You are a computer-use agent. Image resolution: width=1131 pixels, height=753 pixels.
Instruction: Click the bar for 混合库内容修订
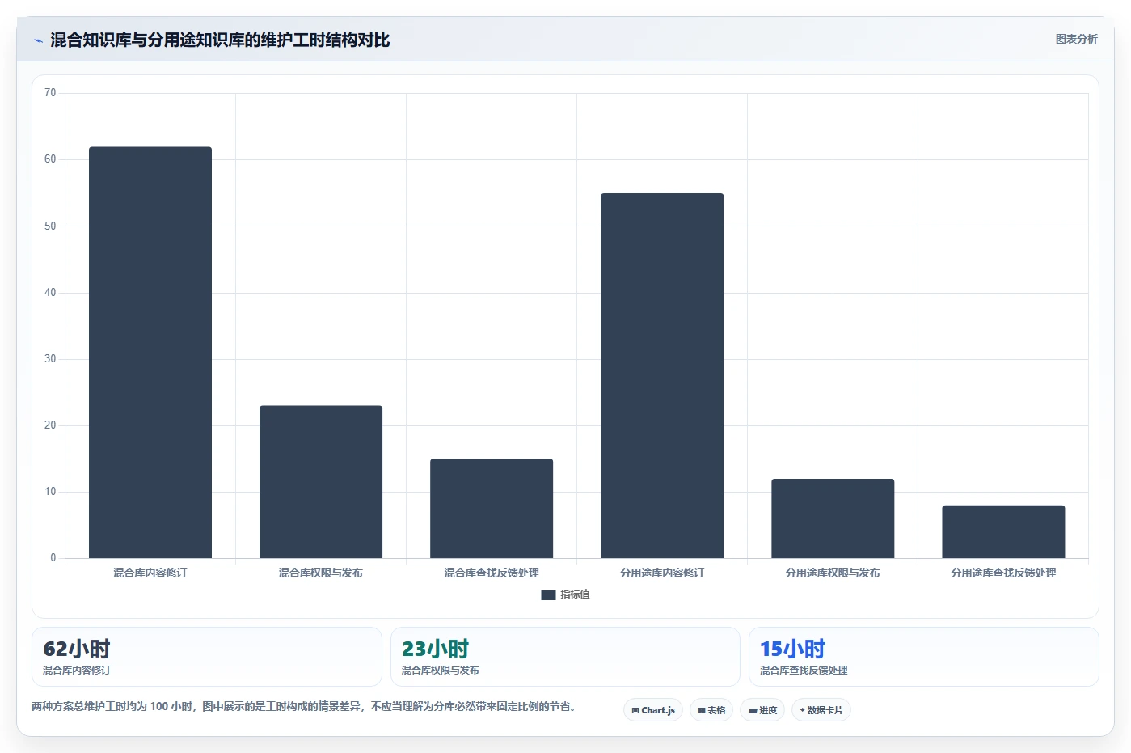[x=150, y=353]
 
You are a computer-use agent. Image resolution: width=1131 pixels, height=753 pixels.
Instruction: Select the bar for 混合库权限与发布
[x=321, y=482]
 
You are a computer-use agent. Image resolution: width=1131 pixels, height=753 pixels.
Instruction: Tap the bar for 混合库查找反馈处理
[x=492, y=509]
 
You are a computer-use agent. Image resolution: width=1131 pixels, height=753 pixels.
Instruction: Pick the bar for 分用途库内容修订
[x=662, y=376]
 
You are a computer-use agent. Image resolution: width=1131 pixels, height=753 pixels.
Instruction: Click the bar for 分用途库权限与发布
[x=833, y=518]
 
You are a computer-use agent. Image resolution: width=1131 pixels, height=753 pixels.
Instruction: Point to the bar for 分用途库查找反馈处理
[x=1003, y=532]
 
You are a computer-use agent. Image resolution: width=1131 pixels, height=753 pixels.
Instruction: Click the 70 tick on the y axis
[x=50, y=92]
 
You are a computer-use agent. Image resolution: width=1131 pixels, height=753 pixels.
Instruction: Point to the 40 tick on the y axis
[x=50, y=293]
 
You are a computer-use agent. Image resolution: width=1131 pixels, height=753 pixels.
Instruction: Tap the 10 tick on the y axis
[x=50, y=492]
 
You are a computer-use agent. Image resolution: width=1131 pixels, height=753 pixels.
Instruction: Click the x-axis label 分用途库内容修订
[x=662, y=573]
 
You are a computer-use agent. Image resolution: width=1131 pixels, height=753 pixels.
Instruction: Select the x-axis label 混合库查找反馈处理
[x=492, y=573]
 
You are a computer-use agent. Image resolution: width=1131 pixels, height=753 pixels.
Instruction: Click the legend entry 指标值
[x=566, y=594]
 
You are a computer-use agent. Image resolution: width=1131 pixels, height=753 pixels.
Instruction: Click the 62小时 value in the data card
[x=76, y=649]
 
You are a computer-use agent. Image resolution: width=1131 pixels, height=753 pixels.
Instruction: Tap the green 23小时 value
[x=435, y=649]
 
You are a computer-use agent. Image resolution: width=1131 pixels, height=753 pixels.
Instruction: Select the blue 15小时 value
[x=792, y=649]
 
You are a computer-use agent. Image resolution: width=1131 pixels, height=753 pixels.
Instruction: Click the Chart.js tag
[x=653, y=710]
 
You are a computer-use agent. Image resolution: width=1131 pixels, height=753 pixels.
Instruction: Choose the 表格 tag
[x=711, y=710]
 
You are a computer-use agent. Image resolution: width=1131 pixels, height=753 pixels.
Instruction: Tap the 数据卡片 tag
[x=821, y=710]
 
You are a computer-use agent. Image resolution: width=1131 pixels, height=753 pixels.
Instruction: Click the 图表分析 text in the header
[x=1077, y=40]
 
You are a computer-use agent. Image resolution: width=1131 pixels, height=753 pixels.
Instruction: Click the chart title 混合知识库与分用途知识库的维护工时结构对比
[x=220, y=40]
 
